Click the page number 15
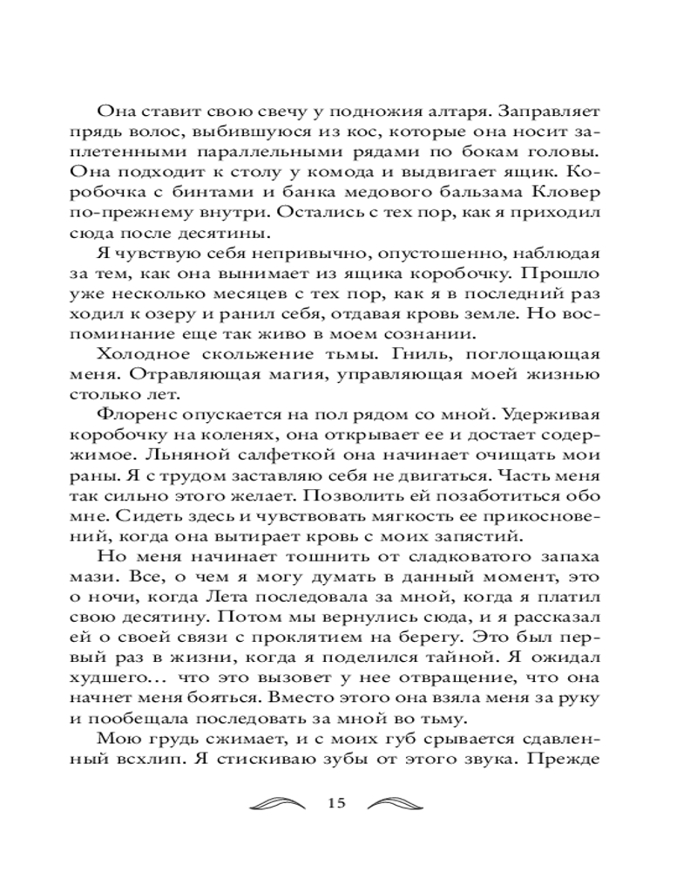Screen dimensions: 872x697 click(338, 803)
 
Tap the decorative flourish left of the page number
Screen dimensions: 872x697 click(277, 803)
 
